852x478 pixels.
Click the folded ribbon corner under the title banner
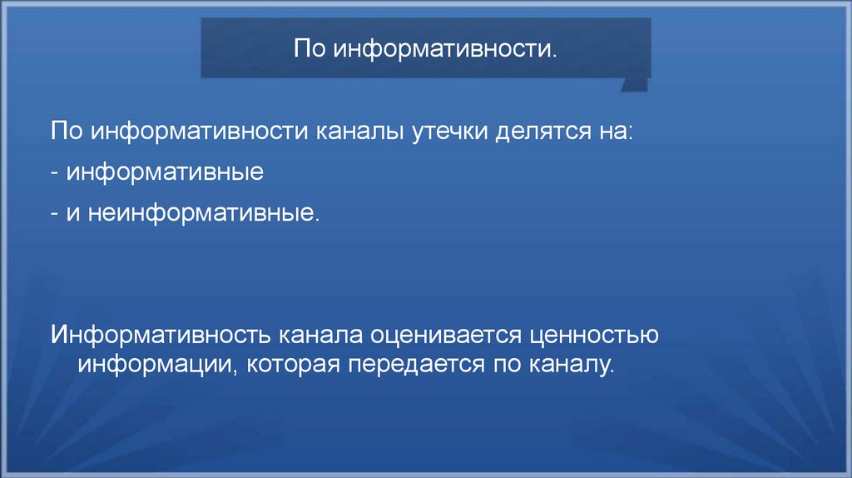(636, 82)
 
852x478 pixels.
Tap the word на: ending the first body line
(613, 132)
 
